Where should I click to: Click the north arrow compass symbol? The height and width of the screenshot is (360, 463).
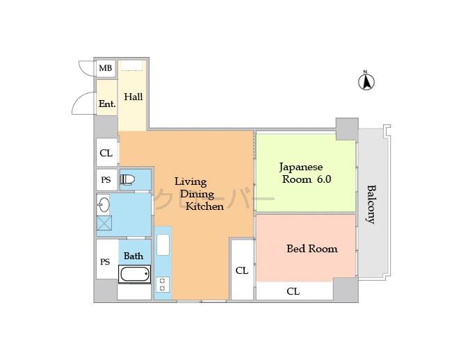coord(366,81)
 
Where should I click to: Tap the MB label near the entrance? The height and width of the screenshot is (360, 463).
coord(106,68)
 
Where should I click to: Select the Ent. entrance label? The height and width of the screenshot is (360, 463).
coord(106,104)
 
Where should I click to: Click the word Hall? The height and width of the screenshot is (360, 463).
coord(133,97)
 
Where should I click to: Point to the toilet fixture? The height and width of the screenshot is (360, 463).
coord(127,180)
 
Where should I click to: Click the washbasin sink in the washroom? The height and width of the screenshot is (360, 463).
coord(103,204)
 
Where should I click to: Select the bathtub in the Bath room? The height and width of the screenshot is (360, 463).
coord(134,274)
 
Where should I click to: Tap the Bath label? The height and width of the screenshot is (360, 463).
coord(133,256)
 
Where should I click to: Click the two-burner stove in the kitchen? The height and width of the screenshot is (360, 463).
coord(163,285)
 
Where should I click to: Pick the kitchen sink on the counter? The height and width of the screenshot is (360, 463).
coord(163,245)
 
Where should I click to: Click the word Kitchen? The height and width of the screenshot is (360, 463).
coord(204,206)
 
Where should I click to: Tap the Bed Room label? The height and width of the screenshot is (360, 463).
coord(311,248)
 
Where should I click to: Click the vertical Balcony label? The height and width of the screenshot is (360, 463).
coord(371,204)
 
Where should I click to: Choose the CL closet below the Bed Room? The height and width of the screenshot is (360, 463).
coord(293,291)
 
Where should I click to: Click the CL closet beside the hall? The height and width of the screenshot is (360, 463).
coord(106,153)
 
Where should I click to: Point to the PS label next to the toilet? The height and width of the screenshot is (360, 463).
coord(106,180)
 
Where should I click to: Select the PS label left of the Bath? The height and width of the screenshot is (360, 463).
coord(106,261)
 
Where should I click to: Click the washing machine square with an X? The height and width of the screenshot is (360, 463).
coord(104,224)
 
